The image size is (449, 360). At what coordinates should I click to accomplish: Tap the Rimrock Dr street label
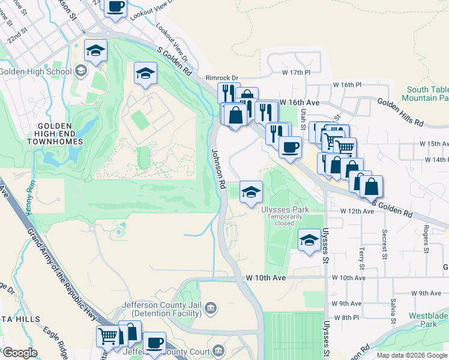click(x=222, y=78)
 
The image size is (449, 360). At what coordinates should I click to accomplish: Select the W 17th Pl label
click(x=296, y=73)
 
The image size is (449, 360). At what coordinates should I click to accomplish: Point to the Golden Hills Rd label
click(x=401, y=112)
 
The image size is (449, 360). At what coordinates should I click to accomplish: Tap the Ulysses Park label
click(x=285, y=209)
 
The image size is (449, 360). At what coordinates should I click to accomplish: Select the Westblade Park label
click(x=429, y=319)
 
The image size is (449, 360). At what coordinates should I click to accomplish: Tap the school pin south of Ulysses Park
click(x=309, y=241)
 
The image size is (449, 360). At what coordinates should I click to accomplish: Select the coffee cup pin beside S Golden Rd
click(x=290, y=147)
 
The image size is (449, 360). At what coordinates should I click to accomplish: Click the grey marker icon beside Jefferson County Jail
click(x=211, y=309)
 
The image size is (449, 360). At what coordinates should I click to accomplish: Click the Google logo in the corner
click(x=20, y=353)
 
